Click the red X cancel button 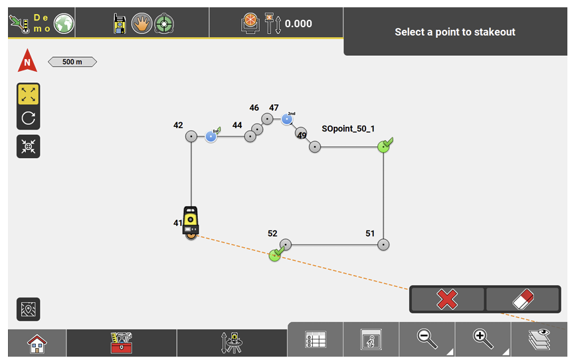[447, 300]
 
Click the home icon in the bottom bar [37, 343]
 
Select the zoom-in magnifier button [482, 339]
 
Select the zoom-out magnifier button [427, 339]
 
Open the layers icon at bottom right [540, 339]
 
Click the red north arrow [27, 61]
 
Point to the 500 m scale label [72, 62]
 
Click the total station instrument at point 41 [191, 220]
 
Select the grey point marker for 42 [191, 136]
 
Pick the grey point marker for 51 [383, 244]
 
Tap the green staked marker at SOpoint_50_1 [383, 146]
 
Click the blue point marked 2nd [287, 120]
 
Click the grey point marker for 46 [267, 119]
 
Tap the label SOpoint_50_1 [348, 129]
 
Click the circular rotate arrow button [28, 118]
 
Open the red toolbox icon [122, 343]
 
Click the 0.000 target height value [298, 24]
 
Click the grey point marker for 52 [286, 244]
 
